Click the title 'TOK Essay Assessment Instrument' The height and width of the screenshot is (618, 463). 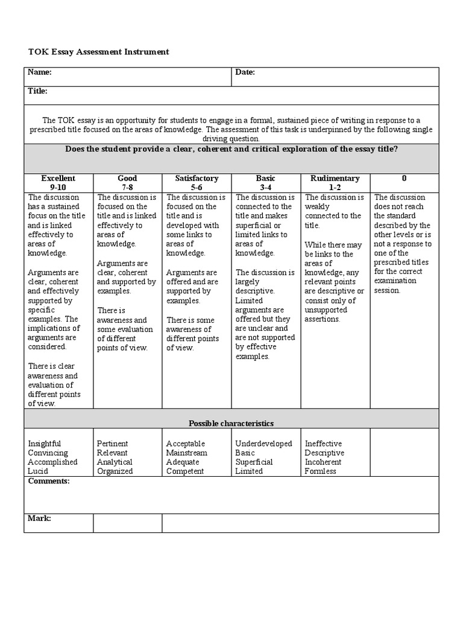pos(98,52)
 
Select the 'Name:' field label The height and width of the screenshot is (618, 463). pos(40,72)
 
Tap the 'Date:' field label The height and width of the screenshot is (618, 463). pos(245,72)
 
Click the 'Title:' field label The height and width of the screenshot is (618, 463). pos(38,91)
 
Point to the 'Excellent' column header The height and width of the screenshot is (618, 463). pos(58,178)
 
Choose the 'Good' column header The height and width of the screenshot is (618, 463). pos(127,178)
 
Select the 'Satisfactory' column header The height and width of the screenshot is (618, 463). pos(197,178)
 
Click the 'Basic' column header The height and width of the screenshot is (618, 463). pos(265,178)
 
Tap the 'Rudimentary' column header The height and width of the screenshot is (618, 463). pos(335,178)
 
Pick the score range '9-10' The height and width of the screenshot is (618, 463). pos(58,187)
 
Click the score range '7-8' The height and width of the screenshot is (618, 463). pos(127,187)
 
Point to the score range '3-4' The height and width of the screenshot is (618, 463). pos(265,187)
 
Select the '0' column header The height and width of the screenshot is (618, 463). pos(404,178)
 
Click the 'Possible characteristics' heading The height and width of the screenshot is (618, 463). pos(231,424)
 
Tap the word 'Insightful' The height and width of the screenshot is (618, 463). pos(45,444)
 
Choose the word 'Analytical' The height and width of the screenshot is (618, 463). pos(115,462)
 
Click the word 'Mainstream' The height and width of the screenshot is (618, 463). pos(187,453)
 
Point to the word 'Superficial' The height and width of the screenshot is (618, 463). pos(254,462)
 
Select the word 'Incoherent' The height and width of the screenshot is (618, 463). pos(323,462)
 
